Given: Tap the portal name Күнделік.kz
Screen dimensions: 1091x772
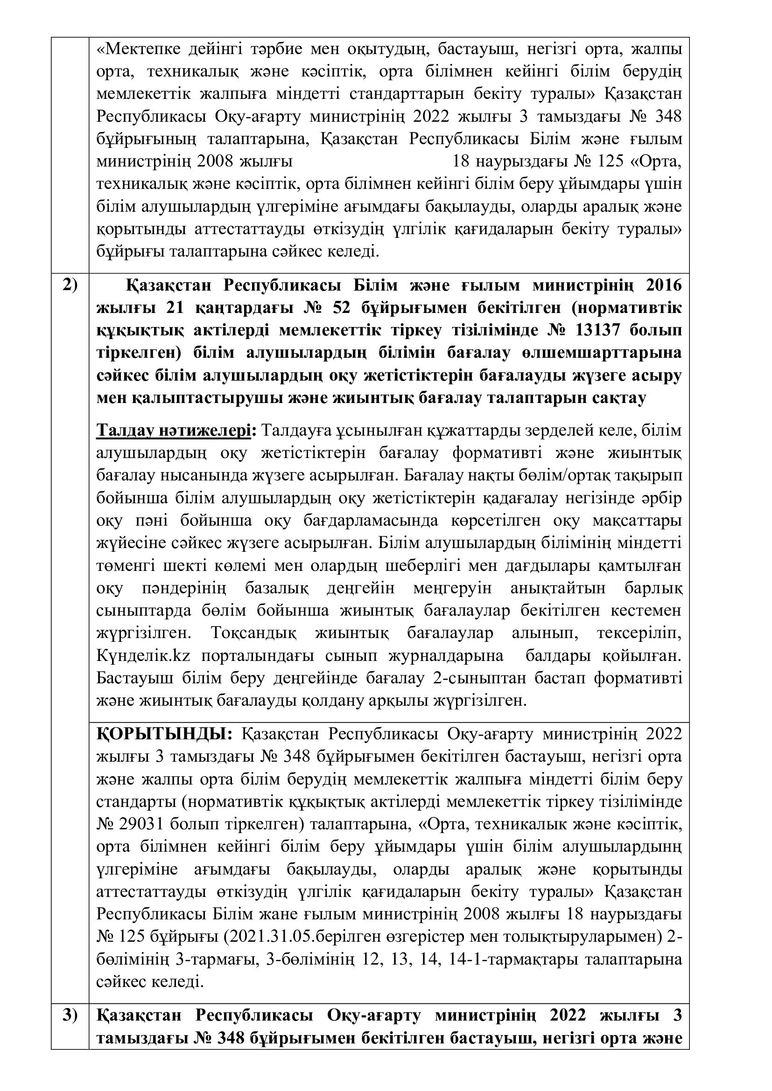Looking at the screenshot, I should (143, 656).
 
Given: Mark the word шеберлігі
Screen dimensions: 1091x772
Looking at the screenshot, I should (427, 565).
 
